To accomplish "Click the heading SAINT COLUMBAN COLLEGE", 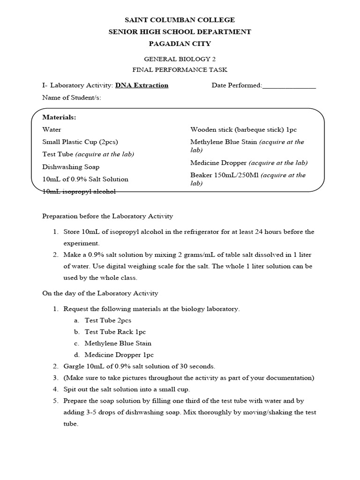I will pos(180,20).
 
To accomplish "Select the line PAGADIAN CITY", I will pos(180,44).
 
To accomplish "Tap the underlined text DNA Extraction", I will pos(142,85).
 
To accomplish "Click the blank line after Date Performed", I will pos(289,86).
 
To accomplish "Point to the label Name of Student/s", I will pos(71,97).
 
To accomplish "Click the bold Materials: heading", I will pos(59,117).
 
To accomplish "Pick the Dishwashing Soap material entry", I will pos(71,167).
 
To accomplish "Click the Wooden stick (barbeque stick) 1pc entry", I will pos(243,130).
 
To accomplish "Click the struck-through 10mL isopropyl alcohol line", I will pos(79,191).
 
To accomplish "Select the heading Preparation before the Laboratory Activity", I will pos(108,216).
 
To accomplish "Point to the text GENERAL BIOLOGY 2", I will pos(180,59).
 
